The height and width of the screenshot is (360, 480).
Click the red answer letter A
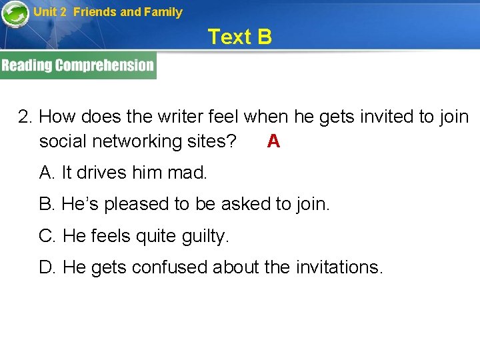click(273, 141)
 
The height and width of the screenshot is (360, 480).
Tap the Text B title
click(239, 37)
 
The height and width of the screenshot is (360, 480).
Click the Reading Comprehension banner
click(78, 65)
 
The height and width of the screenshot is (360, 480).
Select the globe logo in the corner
click(15, 14)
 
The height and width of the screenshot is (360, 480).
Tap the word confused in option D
click(169, 267)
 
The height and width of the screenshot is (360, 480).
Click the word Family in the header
click(163, 12)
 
